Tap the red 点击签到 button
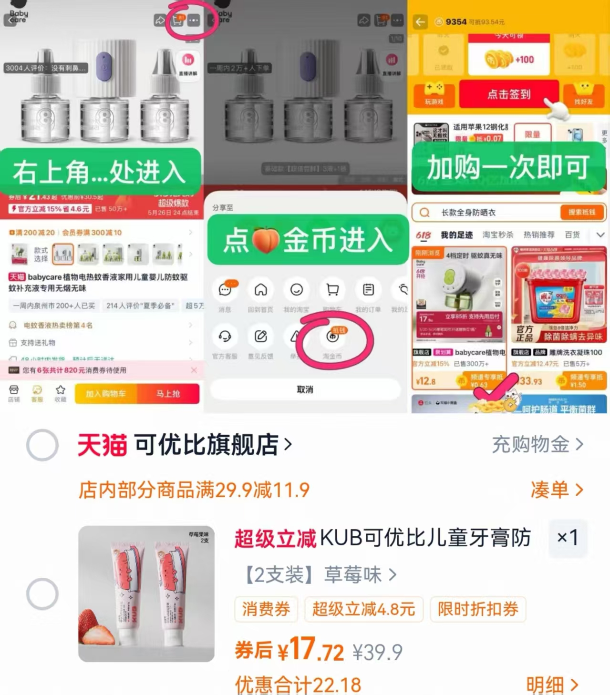click(x=508, y=94)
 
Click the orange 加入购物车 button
click(x=105, y=394)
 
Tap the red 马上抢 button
click(x=168, y=394)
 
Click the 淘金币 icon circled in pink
click(x=332, y=337)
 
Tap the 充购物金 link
click(x=537, y=444)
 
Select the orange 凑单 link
click(x=556, y=490)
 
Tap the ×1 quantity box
click(x=568, y=538)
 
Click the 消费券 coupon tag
click(x=266, y=609)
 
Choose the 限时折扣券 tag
click(x=478, y=609)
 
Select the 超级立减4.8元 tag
click(x=363, y=609)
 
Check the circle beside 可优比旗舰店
click(x=42, y=445)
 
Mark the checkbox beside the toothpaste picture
click(x=42, y=594)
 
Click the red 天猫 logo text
click(x=102, y=445)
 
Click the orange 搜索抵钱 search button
click(x=581, y=212)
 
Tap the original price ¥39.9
click(x=377, y=652)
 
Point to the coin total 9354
click(x=456, y=22)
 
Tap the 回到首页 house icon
click(x=260, y=290)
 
